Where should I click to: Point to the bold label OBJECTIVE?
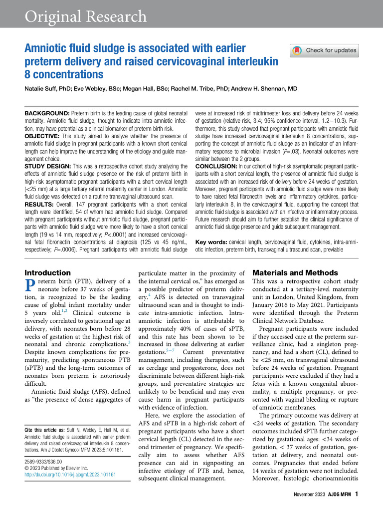pyautogui.click(x=44, y=136)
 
